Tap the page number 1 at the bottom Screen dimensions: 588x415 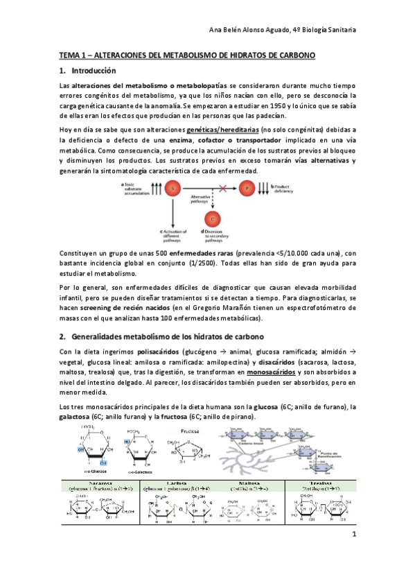[353, 554]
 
